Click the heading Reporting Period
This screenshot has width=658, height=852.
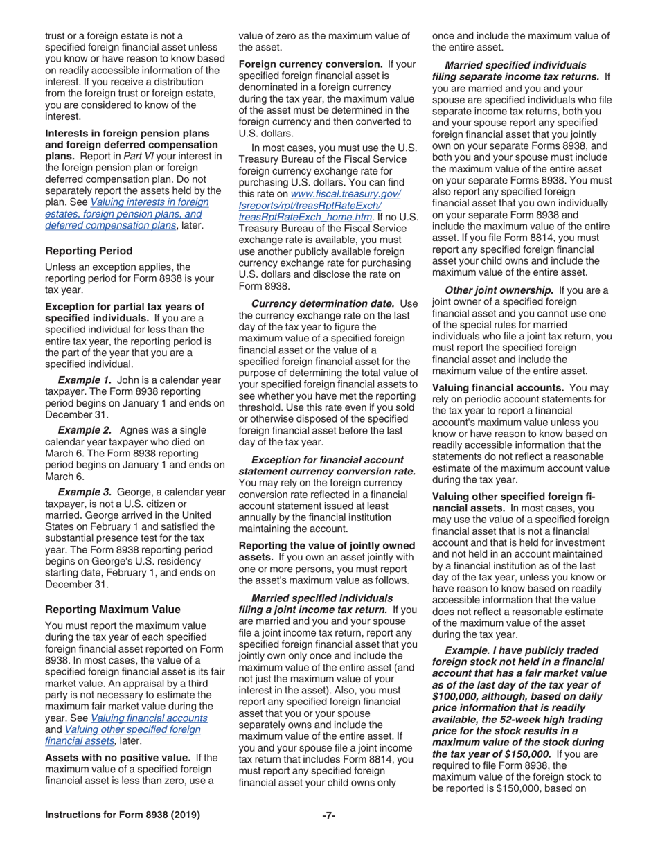89,250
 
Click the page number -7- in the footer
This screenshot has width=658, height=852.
329,815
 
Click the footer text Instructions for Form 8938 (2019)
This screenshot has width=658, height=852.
123,815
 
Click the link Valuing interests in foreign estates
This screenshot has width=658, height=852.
149,202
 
